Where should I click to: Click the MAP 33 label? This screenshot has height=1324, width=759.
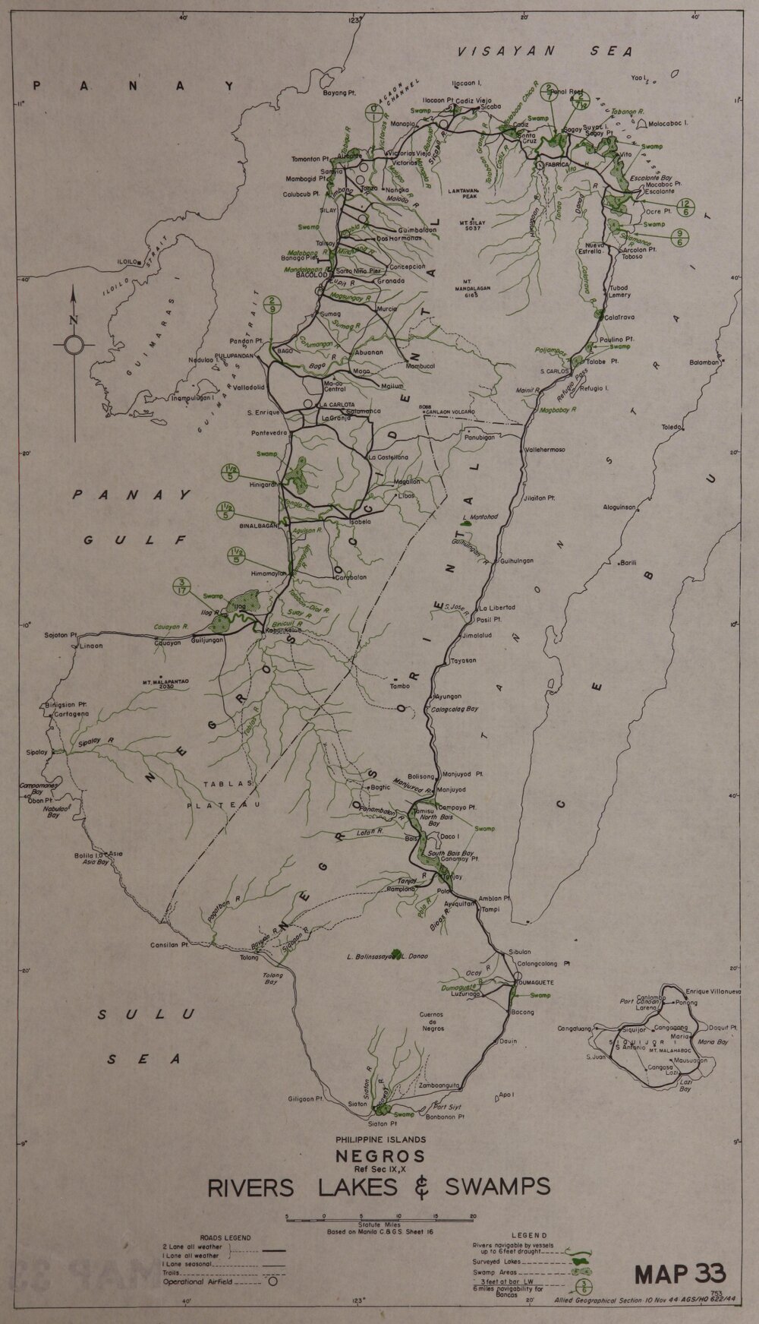click(680, 1272)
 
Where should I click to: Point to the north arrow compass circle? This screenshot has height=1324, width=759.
click(74, 346)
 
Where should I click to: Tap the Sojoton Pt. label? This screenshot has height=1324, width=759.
click(61, 634)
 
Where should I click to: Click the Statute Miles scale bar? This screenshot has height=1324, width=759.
click(379, 1215)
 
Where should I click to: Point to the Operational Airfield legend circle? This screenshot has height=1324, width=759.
click(269, 1281)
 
